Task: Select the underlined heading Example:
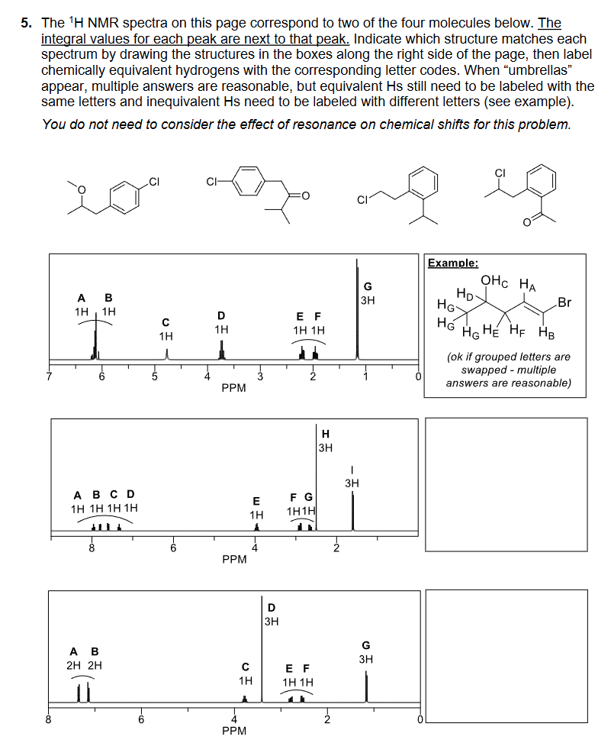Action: click(x=453, y=263)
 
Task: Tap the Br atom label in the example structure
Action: click(x=564, y=302)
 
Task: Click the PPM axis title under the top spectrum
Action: click(x=233, y=388)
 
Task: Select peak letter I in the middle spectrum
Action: click(x=352, y=469)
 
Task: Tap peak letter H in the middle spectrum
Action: click(x=326, y=434)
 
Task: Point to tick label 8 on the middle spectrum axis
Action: click(x=92, y=547)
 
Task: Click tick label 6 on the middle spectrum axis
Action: click(x=173, y=547)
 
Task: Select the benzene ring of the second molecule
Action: click(x=245, y=182)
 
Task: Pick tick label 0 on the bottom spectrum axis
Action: click(x=419, y=719)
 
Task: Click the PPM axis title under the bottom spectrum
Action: click(x=233, y=731)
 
